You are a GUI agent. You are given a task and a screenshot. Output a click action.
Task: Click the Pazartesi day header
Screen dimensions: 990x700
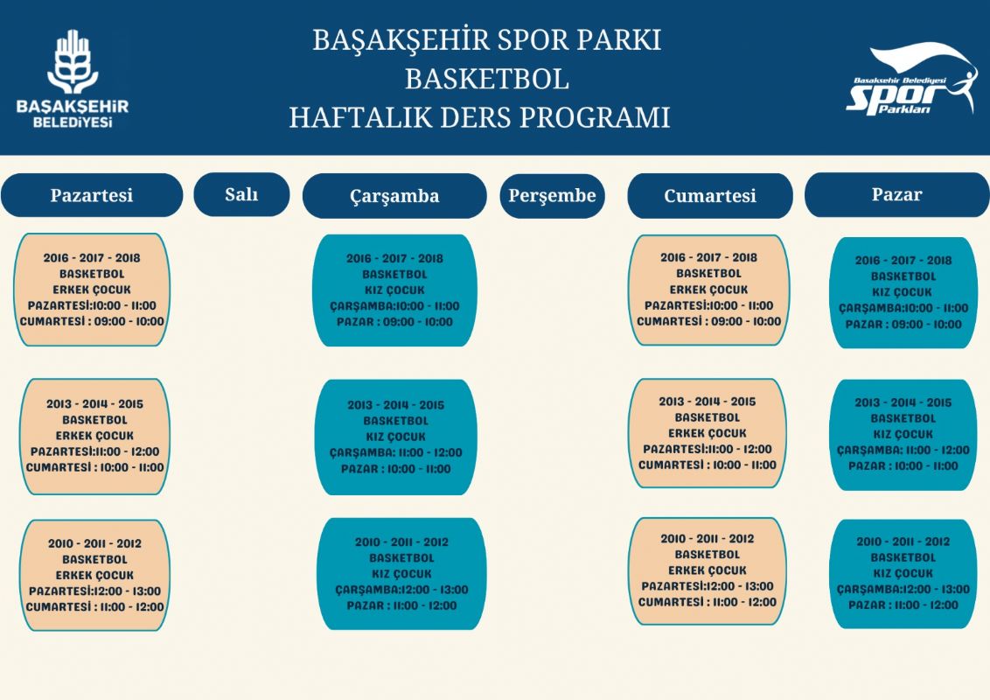(92, 195)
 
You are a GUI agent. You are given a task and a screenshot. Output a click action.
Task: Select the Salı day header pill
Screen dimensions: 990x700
(242, 194)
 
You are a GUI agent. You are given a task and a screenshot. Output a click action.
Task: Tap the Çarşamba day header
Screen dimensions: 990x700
(394, 196)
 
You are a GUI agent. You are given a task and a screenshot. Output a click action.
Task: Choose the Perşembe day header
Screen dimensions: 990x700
(553, 196)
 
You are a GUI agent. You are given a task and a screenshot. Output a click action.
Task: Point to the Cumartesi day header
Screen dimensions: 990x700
(709, 196)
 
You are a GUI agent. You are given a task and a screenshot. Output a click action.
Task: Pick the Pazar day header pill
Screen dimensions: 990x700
(896, 194)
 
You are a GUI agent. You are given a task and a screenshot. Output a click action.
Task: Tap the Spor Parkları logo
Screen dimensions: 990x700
(911, 80)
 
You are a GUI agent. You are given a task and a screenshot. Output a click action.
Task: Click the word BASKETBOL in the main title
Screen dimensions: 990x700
(487, 79)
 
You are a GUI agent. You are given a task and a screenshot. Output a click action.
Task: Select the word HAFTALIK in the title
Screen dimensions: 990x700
(369, 117)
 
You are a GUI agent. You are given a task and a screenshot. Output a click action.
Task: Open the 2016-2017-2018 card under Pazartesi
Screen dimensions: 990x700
(92, 290)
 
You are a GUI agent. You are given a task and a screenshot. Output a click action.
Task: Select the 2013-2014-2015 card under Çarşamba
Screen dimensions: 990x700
(396, 437)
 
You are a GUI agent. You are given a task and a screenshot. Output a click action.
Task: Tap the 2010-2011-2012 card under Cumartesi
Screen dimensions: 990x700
(708, 571)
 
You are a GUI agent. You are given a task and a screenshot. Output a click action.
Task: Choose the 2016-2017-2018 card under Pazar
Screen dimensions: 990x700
(903, 292)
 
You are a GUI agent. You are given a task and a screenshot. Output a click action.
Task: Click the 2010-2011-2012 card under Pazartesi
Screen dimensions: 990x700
(94, 576)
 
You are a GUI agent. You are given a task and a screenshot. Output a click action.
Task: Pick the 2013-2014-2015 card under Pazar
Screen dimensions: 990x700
(903, 435)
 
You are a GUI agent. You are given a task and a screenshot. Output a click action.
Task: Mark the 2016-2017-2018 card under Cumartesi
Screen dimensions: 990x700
(709, 290)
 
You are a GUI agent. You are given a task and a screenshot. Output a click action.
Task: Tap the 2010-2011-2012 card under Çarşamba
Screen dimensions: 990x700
(401, 574)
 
